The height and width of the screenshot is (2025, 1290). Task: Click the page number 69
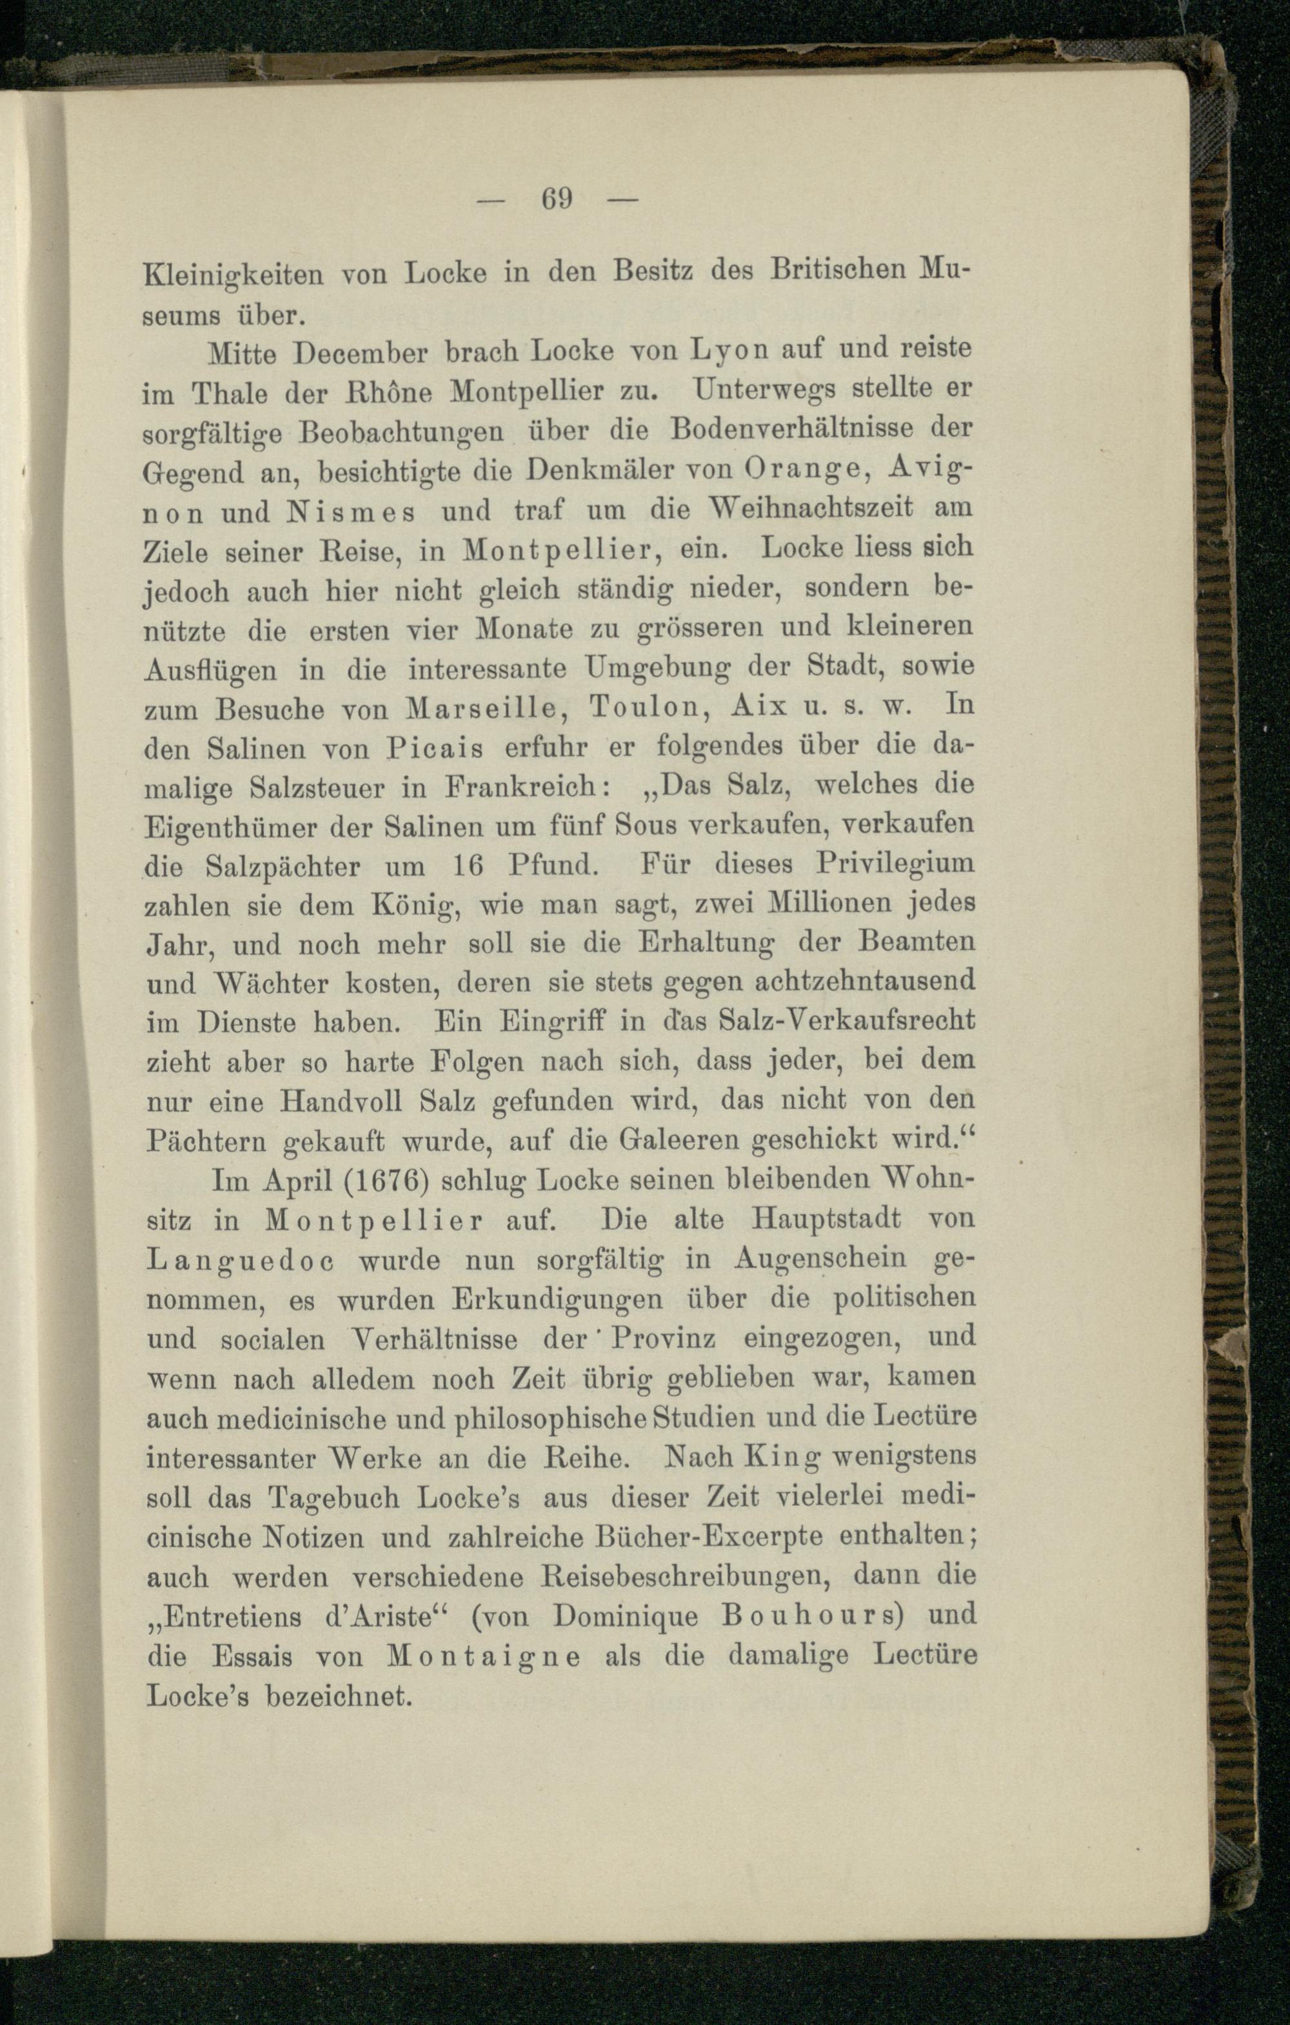557,199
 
